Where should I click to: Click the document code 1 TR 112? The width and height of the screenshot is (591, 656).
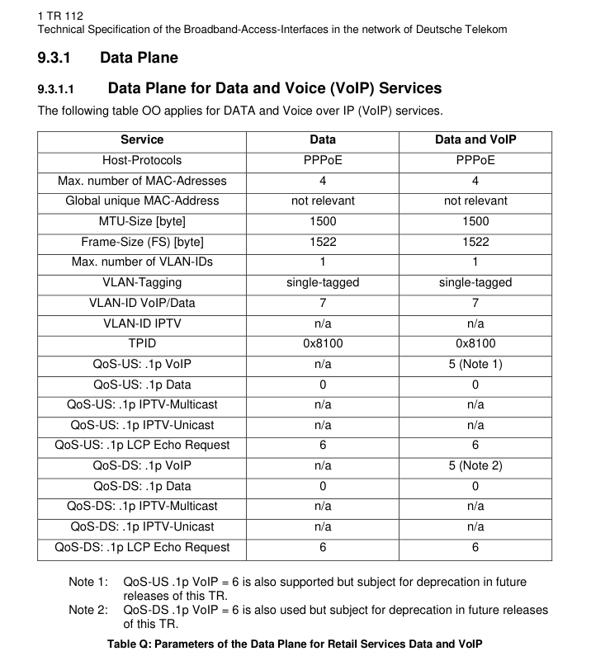point(61,16)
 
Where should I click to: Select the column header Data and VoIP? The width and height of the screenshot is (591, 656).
point(475,140)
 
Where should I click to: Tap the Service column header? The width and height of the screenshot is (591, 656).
point(142,140)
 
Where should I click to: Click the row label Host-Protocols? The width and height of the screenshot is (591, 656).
point(142,160)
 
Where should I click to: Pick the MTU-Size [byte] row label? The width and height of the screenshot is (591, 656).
point(142,221)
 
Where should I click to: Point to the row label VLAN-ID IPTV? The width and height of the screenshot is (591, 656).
point(142,323)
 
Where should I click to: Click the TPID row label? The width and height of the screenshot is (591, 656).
point(142,343)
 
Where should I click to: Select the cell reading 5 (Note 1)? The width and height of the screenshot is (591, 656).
point(475,364)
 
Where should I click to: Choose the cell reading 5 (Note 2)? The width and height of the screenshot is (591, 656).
point(475,465)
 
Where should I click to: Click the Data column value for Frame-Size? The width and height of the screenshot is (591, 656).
point(323,242)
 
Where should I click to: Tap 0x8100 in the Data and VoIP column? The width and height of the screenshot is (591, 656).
point(475,343)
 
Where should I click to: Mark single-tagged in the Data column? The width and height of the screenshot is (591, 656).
point(323,282)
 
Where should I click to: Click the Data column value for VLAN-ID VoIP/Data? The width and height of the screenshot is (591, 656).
point(323,303)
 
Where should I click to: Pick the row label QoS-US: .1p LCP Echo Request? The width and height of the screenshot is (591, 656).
point(142,446)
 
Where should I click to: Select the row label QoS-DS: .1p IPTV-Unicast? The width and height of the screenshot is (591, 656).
point(142,526)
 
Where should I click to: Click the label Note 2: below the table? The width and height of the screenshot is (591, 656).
point(88,611)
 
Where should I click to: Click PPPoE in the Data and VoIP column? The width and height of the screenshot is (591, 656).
point(475,160)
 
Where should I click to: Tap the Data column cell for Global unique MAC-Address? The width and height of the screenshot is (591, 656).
point(323,201)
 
